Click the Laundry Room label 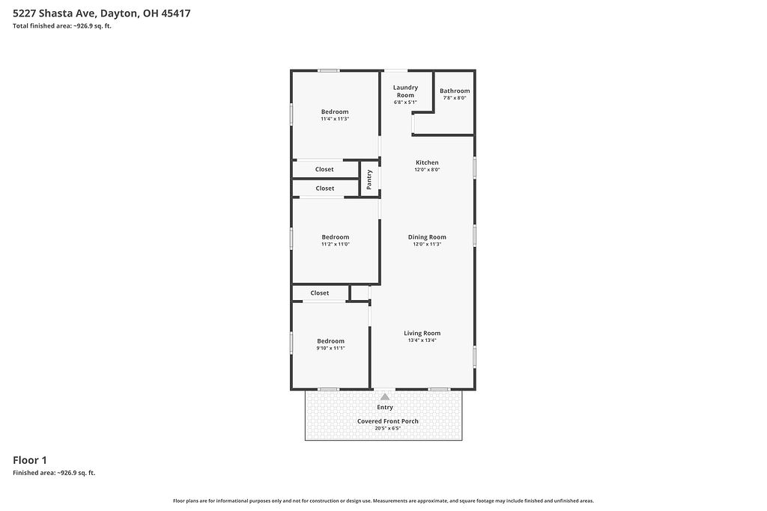tap(405, 91)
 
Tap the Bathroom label tap(455, 91)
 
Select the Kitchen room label tap(427, 162)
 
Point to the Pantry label tap(369, 180)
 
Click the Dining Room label tap(427, 237)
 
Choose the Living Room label tap(422, 333)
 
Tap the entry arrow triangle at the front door tap(385, 397)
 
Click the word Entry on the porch tap(385, 408)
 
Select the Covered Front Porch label tap(388, 421)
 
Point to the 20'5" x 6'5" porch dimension tap(388, 429)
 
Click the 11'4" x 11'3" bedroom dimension tap(335, 119)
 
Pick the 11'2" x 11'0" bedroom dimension tap(336, 244)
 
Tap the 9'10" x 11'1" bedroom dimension tap(330, 349)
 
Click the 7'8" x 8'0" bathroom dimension tap(455, 98)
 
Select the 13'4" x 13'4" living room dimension tap(422, 340)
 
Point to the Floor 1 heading tap(30, 460)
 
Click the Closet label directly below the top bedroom tap(324, 170)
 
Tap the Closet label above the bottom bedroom tap(319, 293)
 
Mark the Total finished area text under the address tap(62, 26)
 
